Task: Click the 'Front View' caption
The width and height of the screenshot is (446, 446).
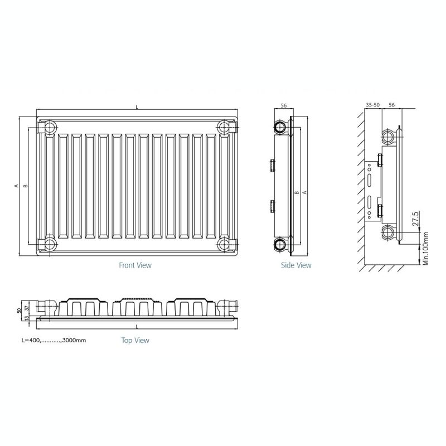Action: (135, 265)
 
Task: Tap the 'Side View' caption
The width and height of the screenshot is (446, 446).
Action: (296, 265)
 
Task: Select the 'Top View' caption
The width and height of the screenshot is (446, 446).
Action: (135, 340)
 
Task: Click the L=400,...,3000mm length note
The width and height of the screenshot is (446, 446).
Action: (54, 340)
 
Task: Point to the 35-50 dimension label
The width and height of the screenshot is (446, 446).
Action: (372, 105)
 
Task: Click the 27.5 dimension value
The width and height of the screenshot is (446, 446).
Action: (415, 219)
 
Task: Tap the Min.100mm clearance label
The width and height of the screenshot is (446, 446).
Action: (425, 248)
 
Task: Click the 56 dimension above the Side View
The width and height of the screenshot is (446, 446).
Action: (284, 105)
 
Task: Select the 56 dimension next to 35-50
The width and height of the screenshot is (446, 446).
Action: (392, 105)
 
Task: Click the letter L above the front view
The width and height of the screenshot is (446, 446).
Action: (137, 107)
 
